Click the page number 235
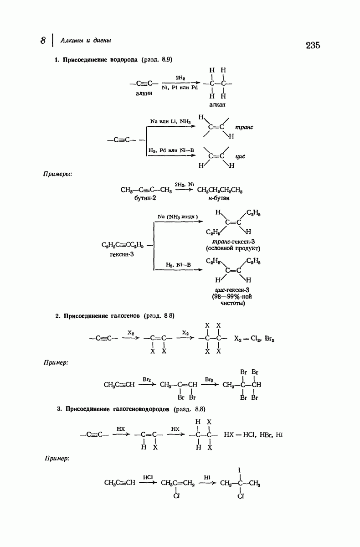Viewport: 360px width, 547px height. coord(313,45)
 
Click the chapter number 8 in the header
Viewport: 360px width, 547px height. coord(43,40)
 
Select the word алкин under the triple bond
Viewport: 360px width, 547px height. coord(144,93)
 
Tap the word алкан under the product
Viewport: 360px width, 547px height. coord(217,105)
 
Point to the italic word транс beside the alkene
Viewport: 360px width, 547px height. coord(244,127)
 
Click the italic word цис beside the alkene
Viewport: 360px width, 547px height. coord(240,156)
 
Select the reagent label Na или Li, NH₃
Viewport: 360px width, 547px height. coord(170,121)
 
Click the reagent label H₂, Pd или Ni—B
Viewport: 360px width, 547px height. coord(171,150)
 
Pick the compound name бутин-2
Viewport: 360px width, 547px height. coord(145,198)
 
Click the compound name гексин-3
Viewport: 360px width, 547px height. coord(122,254)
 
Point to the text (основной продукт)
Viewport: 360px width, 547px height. coord(233,248)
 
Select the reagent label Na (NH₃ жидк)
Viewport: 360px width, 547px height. coord(178,217)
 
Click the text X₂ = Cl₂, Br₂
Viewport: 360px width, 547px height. coord(254,339)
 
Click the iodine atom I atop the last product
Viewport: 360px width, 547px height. coord(239,470)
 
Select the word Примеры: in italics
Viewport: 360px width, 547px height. coord(57,174)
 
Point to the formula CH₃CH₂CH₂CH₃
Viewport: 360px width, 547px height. coord(220,190)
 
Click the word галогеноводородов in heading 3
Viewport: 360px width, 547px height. coord(141,409)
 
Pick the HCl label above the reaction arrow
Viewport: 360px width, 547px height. coord(148,477)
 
